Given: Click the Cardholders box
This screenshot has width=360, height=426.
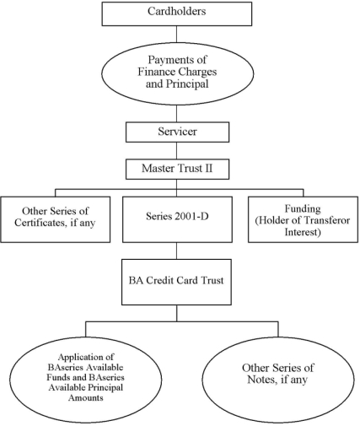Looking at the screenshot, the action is pyautogui.click(x=177, y=13).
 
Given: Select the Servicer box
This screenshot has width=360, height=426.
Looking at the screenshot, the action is pyautogui.click(x=177, y=132).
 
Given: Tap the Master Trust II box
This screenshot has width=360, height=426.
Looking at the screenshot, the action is pyautogui.click(x=177, y=169).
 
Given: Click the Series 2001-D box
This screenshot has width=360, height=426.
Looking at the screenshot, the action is pyautogui.click(x=177, y=219).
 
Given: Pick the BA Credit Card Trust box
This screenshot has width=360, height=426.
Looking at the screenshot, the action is pyautogui.click(x=176, y=282).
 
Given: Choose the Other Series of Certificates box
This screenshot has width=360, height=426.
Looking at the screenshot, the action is pyautogui.click(x=56, y=219).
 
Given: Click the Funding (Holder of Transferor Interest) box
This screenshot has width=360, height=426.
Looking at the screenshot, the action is pyautogui.click(x=303, y=219).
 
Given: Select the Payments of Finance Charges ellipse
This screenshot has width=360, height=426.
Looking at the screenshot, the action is pyautogui.click(x=177, y=73).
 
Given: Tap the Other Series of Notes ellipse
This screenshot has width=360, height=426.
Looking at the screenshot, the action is pyautogui.click(x=278, y=380).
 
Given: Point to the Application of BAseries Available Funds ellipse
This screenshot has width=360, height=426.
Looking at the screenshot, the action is pyautogui.click(x=86, y=380).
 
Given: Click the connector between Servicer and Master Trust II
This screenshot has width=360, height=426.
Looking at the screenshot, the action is pyautogui.click(x=177, y=151).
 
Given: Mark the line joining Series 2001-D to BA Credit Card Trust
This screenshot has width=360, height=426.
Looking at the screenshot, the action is pyautogui.click(x=177, y=251).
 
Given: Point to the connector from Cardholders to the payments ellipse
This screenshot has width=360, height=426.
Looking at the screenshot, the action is pyautogui.click(x=177, y=34).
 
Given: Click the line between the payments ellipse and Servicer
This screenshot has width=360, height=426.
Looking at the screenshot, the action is pyautogui.click(x=177, y=114).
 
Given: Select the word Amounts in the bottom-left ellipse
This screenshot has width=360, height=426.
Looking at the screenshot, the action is pyautogui.click(x=86, y=397).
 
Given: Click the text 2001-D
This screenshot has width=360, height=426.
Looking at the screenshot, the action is pyautogui.click(x=191, y=216).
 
